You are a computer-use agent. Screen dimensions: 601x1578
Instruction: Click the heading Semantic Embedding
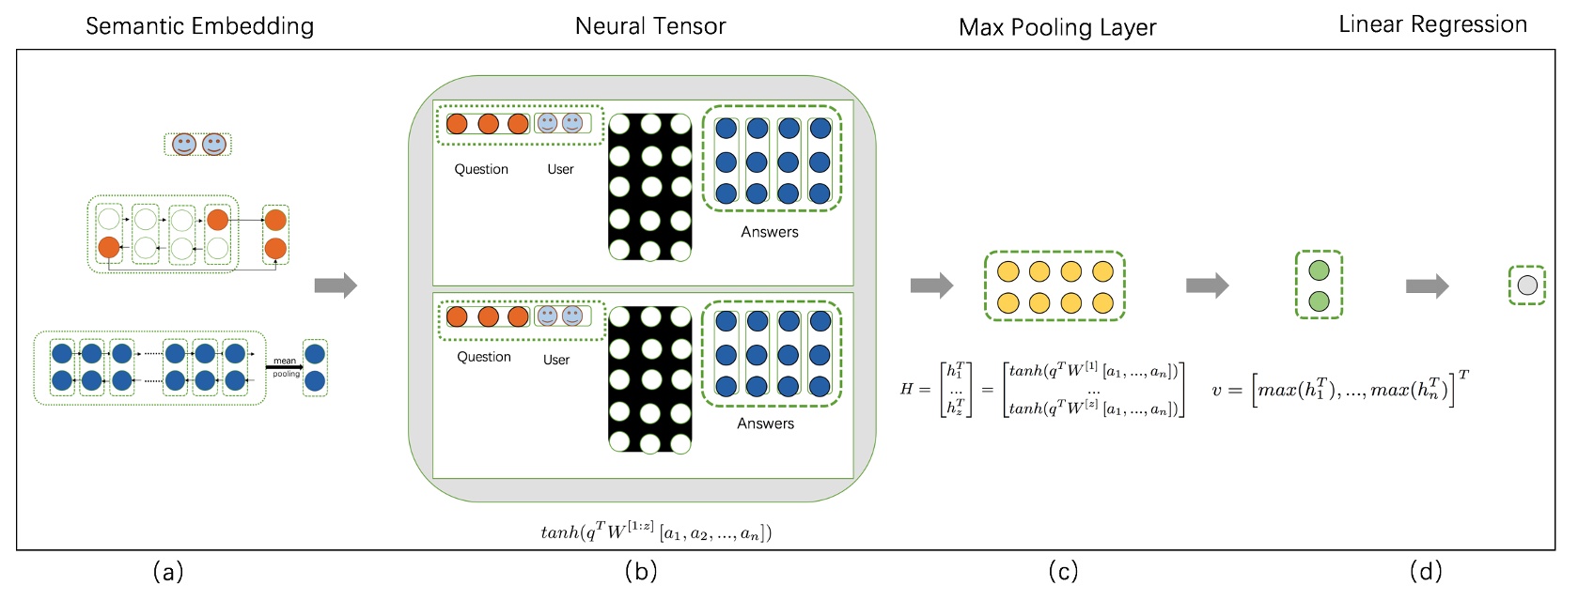[x=199, y=25]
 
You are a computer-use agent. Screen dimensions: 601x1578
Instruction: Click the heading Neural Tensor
[x=650, y=26]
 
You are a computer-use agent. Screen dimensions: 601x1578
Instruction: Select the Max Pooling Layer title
[x=1057, y=27]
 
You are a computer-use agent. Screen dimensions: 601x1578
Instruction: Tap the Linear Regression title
[x=1432, y=24]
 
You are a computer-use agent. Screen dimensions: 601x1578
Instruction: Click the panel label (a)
[x=167, y=571]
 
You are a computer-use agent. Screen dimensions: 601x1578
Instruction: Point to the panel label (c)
[x=1062, y=571]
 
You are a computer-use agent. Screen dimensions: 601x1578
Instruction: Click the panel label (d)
[x=1425, y=571]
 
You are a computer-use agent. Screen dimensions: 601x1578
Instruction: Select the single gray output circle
[x=1527, y=285]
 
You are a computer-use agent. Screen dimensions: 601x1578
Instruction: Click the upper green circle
[x=1319, y=270]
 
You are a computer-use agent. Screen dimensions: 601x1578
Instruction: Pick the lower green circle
[x=1319, y=300]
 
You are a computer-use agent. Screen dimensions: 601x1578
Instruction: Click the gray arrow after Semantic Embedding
[x=336, y=285]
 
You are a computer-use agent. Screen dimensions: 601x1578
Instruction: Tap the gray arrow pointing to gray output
[x=1427, y=285]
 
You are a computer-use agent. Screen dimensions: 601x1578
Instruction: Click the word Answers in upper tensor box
[x=770, y=232]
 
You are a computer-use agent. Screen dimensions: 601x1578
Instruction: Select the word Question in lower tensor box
[x=484, y=357]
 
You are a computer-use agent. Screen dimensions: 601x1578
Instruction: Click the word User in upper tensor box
[x=560, y=169]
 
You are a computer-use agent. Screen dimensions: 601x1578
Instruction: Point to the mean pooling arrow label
[x=285, y=367]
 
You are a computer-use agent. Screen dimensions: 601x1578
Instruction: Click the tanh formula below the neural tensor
[x=655, y=532]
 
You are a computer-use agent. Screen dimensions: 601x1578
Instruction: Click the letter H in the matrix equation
[x=907, y=389]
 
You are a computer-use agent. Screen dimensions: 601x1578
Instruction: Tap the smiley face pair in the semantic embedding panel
[x=198, y=145]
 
